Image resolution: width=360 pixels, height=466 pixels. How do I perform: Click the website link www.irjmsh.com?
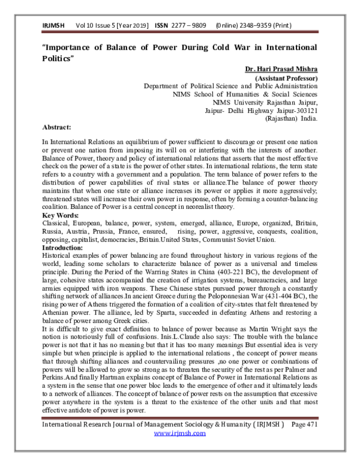click(180, 449)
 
